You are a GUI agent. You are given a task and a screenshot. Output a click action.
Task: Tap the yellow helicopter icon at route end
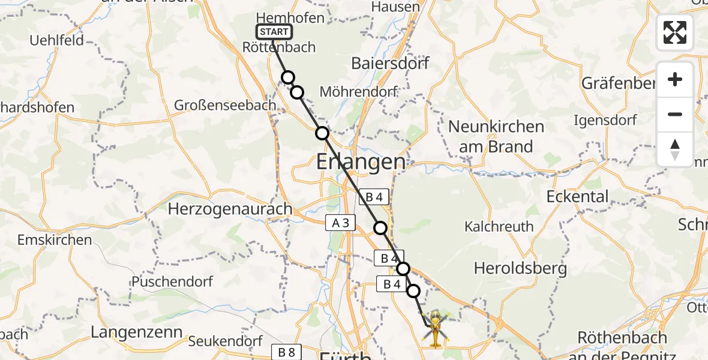click(x=435, y=328)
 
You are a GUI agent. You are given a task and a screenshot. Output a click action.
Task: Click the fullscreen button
click(x=674, y=32)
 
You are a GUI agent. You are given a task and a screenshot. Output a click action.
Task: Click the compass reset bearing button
click(x=674, y=149)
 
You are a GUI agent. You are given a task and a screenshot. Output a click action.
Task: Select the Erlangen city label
click(x=361, y=161)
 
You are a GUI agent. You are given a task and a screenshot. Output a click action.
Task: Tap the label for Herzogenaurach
click(x=230, y=209)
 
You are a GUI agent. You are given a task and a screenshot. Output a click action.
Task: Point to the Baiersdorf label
click(x=390, y=62)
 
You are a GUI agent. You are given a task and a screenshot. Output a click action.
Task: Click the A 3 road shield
click(x=340, y=223)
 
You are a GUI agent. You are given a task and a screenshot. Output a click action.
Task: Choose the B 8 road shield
click(x=286, y=352)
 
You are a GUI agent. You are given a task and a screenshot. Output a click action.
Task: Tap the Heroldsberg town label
click(x=520, y=268)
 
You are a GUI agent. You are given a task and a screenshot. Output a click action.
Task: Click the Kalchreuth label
click(x=499, y=226)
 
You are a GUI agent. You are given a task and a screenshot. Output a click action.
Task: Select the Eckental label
click(x=577, y=196)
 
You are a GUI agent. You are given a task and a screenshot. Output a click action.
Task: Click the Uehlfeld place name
click(x=57, y=41)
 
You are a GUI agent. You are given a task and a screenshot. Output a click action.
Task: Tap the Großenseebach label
click(x=225, y=105)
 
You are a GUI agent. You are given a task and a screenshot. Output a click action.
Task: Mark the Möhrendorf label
click(x=359, y=92)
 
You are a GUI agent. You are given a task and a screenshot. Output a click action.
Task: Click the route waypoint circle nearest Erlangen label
click(x=323, y=133)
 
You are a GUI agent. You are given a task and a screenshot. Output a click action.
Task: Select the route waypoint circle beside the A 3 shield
click(x=380, y=227)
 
